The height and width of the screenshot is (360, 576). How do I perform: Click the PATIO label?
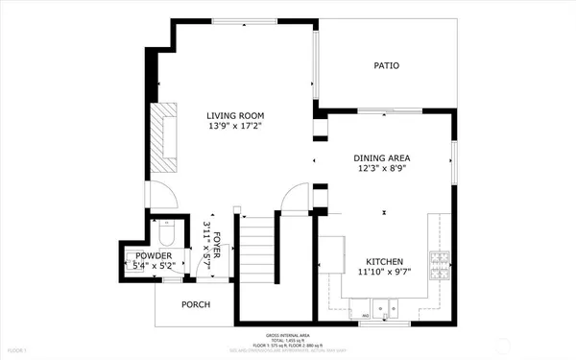pyautogui.click(x=387, y=66)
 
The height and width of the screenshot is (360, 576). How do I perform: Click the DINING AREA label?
pyautogui.click(x=383, y=158)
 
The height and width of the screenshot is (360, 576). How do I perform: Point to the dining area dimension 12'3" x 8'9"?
pyautogui.click(x=383, y=170)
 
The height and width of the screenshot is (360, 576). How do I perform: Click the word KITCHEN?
pyautogui.click(x=384, y=261)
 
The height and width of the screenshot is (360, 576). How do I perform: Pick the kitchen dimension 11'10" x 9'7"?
pyautogui.click(x=384, y=273)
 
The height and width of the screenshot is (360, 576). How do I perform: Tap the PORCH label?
pyautogui.click(x=196, y=304)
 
